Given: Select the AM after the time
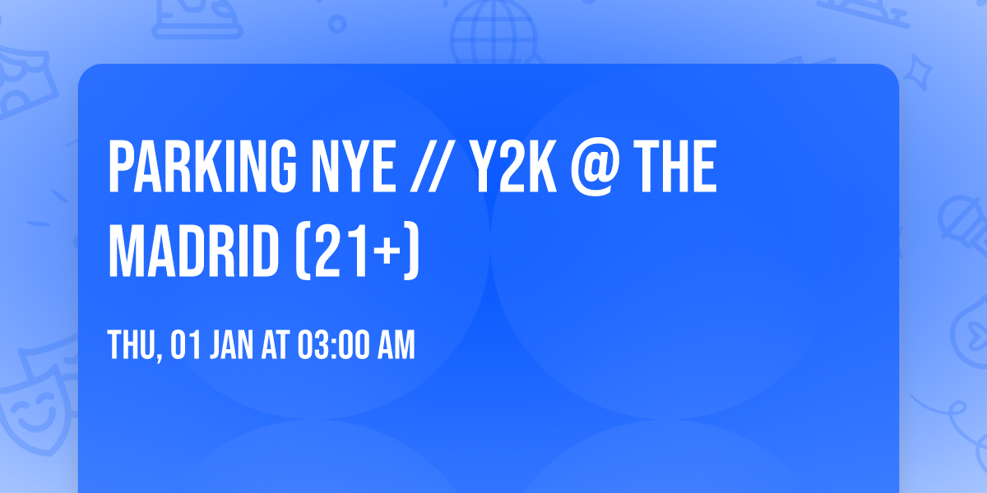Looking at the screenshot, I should (x=396, y=346).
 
